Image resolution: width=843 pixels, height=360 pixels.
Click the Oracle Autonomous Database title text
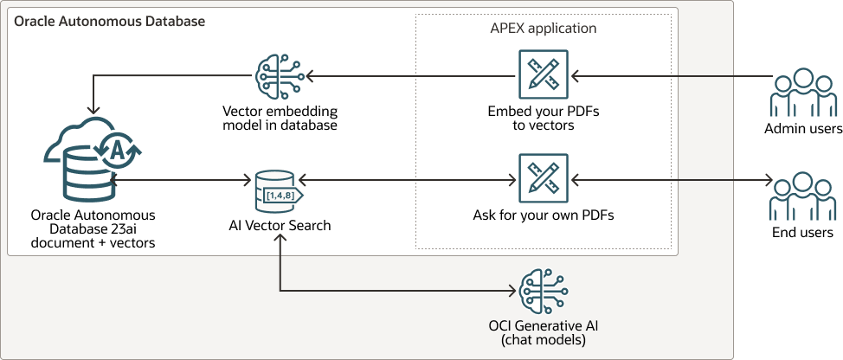click(x=109, y=20)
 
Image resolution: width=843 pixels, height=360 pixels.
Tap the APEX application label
click(x=543, y=28)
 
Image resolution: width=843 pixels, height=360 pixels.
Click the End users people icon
click(x=803, y=197)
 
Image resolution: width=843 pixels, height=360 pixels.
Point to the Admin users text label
click(x=803, y=129)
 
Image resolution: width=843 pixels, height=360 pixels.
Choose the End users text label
click(x=803, y=233)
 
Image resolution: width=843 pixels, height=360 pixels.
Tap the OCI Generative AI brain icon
click(x=544, y=288)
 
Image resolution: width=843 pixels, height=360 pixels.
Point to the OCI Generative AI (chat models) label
click(x=544, y=332)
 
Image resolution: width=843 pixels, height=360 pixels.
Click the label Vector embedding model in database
click(x=280, y=119)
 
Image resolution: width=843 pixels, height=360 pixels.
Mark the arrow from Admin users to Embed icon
click(x=666, y=76)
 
